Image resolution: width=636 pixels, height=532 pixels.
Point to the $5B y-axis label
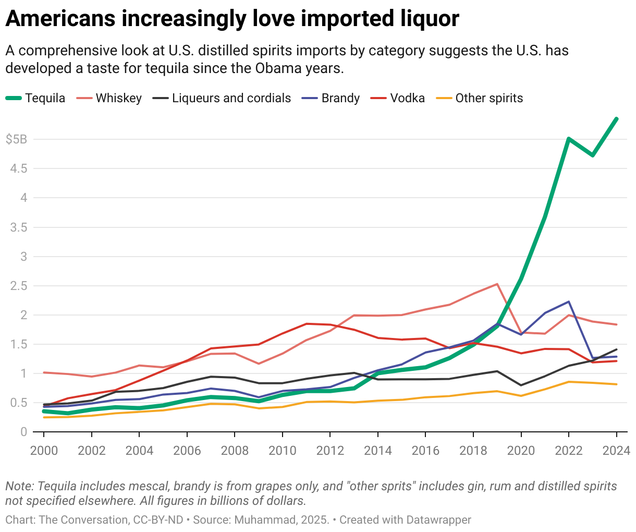pos(16,139)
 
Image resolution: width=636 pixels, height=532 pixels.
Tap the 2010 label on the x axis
pos(282,451)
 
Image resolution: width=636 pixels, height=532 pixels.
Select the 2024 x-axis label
pos(616,451)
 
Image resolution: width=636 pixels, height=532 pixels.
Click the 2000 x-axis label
pos(44,451)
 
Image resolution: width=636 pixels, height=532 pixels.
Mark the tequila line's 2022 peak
pos(568,139)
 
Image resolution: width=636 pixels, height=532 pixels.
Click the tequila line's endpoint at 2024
pos(617,119)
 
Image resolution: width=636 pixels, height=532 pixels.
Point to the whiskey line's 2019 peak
pos(497,284)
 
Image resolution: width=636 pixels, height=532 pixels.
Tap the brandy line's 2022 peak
pos(568,301)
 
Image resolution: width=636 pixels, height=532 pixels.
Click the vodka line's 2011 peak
pos(306,324)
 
